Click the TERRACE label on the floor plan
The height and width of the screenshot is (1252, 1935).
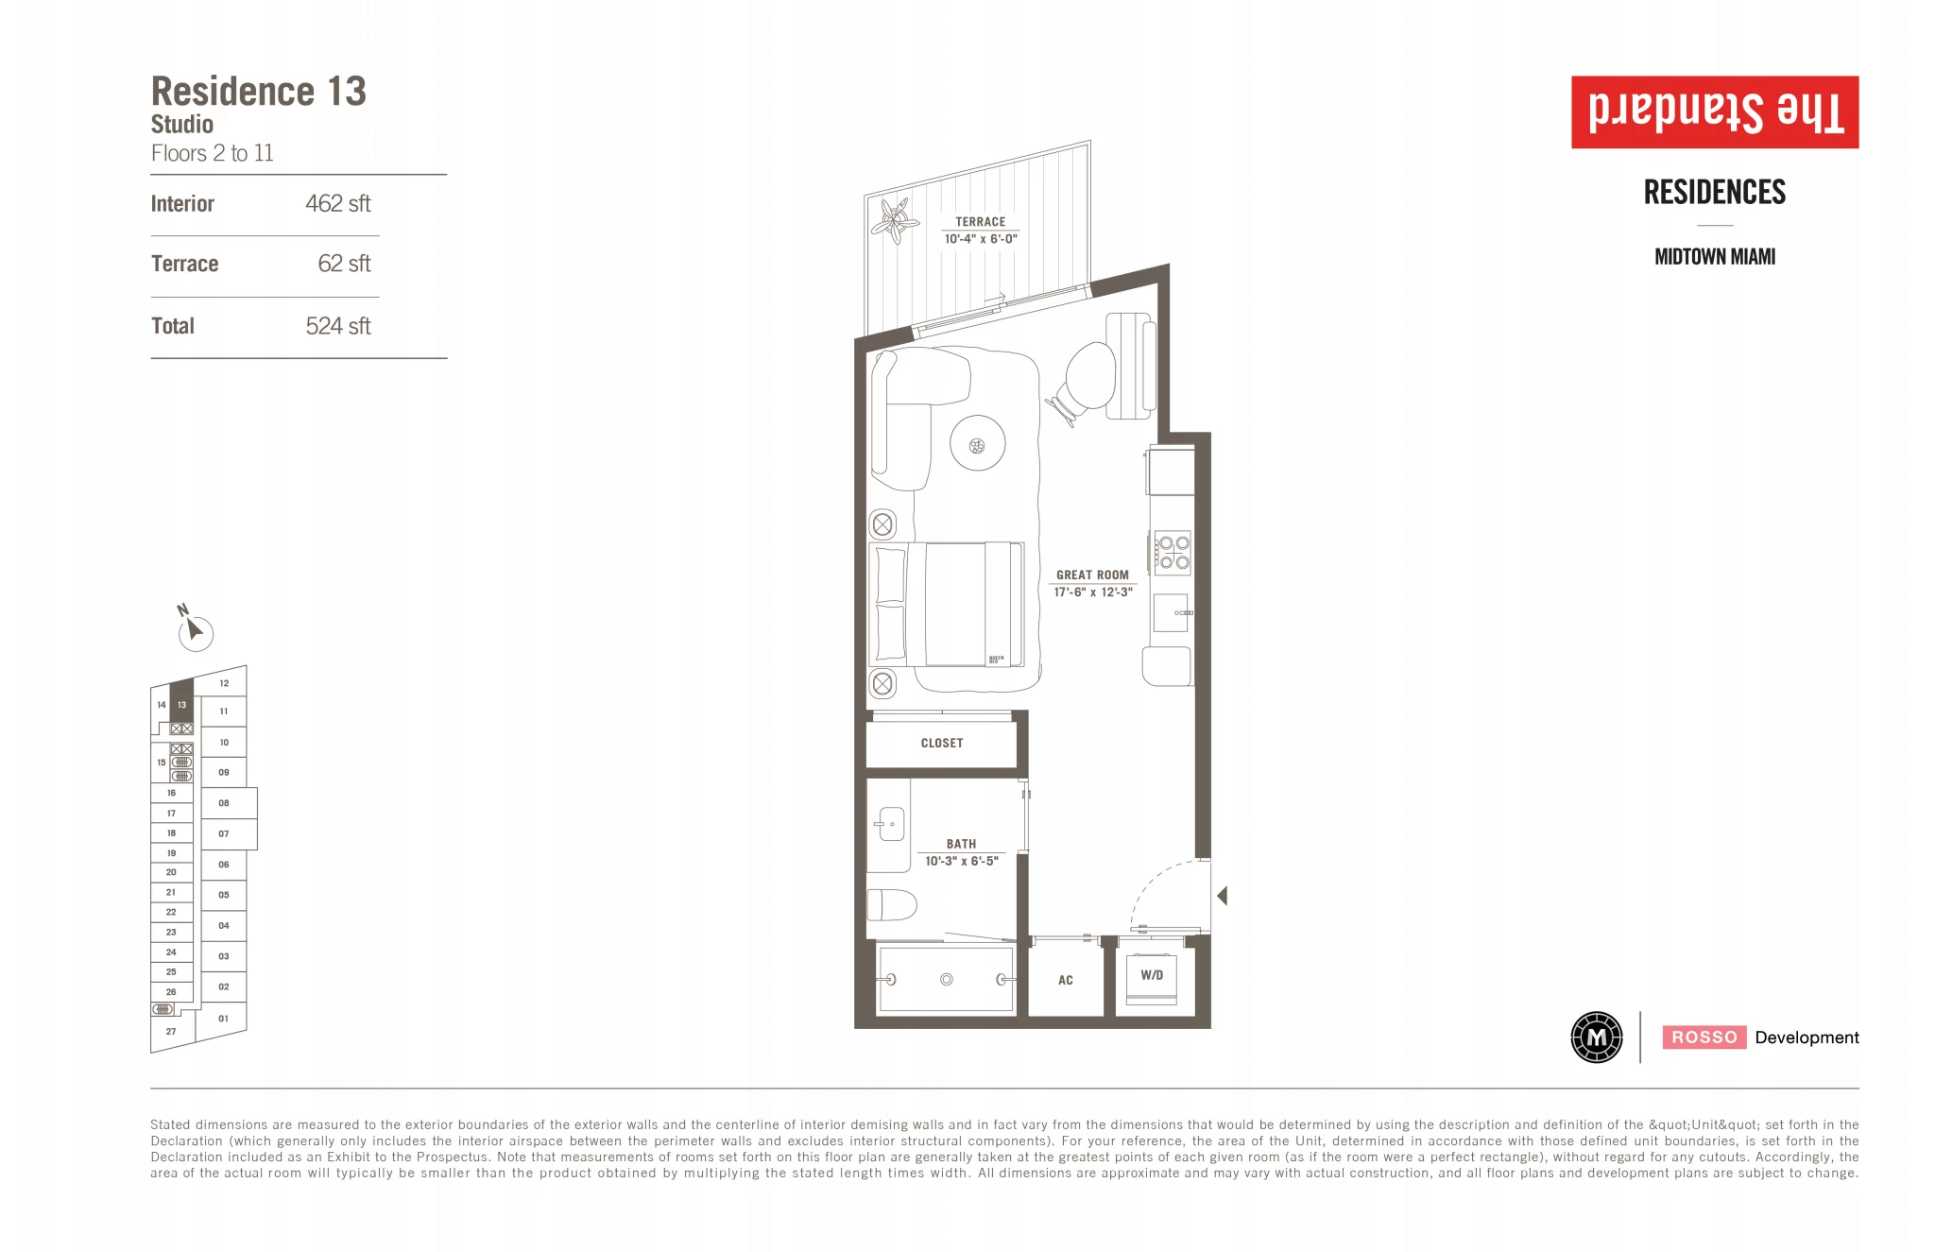980,222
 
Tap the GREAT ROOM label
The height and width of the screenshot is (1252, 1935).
1092,575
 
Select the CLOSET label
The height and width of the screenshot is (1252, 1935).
942,744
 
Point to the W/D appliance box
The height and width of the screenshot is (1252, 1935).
1152,976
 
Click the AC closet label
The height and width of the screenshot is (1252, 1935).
1066,981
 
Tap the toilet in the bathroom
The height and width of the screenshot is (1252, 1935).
892,904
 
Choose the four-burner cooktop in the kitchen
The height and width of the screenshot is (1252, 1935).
1173,553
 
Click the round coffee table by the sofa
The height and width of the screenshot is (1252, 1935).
977,443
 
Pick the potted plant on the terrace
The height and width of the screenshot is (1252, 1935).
894,220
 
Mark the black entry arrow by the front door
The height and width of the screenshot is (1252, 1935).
1223,896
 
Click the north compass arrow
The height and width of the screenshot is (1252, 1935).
193,628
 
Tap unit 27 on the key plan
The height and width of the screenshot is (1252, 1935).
171,1031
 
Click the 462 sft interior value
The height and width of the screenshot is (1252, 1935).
337,204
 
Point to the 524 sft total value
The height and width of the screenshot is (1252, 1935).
337,326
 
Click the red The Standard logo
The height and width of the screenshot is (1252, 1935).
1715,112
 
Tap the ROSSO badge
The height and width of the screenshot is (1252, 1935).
1704,1038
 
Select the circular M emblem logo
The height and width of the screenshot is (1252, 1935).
1597,1038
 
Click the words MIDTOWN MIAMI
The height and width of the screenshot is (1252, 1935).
1715,257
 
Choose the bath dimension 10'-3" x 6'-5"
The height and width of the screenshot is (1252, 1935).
962,861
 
